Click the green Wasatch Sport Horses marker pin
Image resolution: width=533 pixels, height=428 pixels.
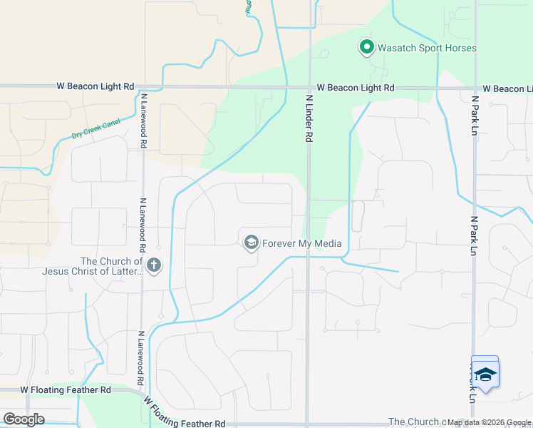click(367, 48)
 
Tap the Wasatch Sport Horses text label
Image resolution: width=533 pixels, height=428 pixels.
click(426, 49)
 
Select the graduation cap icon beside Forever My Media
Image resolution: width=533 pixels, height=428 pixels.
click(251, 243)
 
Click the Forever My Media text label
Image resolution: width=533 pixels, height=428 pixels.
click(302, 244)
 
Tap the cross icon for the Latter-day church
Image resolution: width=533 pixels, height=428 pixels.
click(155, 267)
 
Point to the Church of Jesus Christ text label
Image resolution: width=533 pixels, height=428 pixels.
click(93, 266)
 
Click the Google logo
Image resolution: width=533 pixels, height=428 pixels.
click(24, 419)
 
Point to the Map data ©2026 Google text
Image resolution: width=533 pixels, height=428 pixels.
click(488, 422)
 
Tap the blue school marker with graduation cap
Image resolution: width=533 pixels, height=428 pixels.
click(485, 373)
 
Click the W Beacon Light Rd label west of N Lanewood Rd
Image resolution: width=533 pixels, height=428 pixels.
click(95, 86)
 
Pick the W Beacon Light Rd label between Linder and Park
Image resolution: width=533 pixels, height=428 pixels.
click(356, 87)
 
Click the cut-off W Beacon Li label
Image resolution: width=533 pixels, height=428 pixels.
click(507, 88)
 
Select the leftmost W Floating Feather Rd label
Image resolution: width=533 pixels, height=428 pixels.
click(66, 390)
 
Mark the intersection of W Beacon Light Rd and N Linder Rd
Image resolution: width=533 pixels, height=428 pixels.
click(309, 87)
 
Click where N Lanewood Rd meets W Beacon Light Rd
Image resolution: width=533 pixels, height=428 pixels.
click(143, 87)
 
